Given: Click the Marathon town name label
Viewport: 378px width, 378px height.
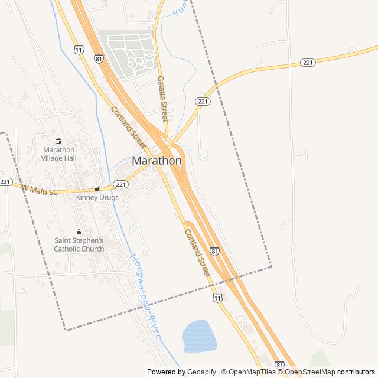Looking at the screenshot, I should tap(157, 161).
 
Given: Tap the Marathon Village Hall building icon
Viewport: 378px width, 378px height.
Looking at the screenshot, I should tap(58, 141).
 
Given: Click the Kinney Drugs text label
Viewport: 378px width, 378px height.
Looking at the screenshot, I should tap(97, 197).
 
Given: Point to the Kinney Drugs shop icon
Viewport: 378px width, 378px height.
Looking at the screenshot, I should tap(97, 189).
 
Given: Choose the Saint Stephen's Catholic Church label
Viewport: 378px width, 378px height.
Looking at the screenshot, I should tap(79, 245).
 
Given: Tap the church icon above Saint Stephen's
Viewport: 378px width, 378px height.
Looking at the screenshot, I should tap(79, 232).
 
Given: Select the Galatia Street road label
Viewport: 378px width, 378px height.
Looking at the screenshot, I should tap(162, 99).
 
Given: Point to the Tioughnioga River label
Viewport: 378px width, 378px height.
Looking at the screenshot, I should tap(145, 295).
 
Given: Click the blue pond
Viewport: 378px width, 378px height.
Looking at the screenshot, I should tap(199, 337).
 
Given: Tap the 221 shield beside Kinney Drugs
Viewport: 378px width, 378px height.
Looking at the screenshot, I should tap(121, 184).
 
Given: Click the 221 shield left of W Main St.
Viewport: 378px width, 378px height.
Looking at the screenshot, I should tap(5, 181).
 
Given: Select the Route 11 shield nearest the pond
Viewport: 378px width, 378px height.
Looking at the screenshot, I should tap(218, 298).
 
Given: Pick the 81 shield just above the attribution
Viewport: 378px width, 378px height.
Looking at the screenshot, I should tap(279, 365).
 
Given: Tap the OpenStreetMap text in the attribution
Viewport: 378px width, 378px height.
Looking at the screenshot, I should tap(309, 372).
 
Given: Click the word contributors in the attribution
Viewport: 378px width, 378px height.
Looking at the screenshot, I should tap(356, 372).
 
